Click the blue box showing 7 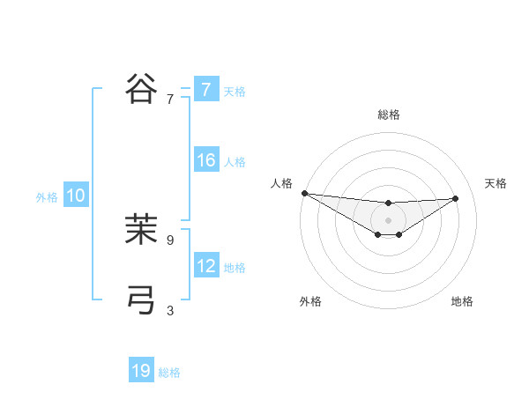pos(205,90)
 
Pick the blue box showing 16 pos(205,160)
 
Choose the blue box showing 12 pos(205,266)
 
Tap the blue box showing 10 pos(76,196)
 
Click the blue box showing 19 pos(141,371)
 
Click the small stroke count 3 pos(170,310)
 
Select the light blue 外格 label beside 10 pos(47,197)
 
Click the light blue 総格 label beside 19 pos(169,373)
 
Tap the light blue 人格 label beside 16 pos(235,162)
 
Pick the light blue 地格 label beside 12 pos(235,268)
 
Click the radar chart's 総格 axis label pos(388,115)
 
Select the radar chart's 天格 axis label pos(495,183)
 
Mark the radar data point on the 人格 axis pos(304,193)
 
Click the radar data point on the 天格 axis pos(456,198)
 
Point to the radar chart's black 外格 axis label pos(310,301)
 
